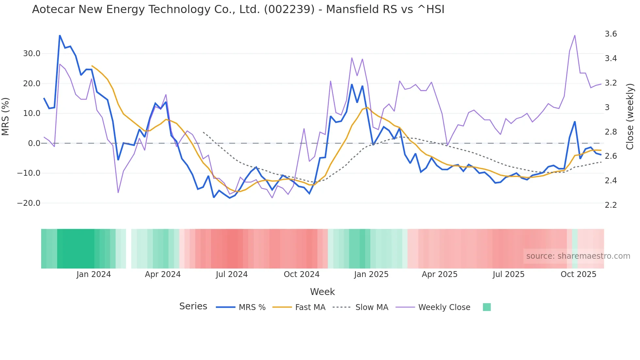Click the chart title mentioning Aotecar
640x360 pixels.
point(238,9)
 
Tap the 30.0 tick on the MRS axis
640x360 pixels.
point(32,54)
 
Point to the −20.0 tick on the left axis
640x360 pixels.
point(29,203)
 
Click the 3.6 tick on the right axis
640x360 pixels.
point(611,34)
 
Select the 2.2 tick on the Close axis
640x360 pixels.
point(611,205)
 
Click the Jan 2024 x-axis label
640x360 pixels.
point(94,274)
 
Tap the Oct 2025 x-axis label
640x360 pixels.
point(578,274)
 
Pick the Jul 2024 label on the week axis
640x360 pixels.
point(232,274)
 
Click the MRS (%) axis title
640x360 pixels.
point(6,117)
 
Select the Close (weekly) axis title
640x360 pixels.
point(630,117)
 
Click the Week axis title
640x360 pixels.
point(322,292)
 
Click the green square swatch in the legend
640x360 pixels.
point(487,307)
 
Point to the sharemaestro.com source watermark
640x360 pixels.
point(578,256)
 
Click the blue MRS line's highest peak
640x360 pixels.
point(60,36)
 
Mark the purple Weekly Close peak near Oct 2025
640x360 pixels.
point(575,35)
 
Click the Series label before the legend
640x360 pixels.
point(193,306)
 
